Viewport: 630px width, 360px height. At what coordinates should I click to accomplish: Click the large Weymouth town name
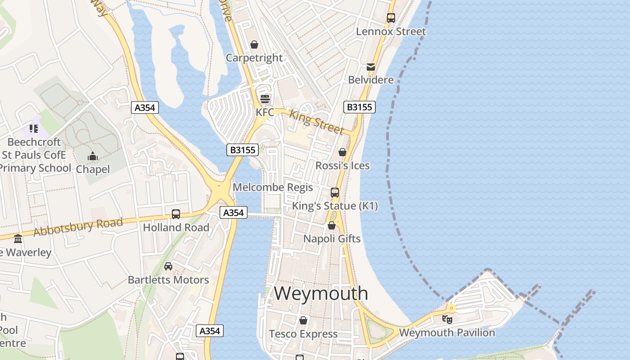coord(321,293)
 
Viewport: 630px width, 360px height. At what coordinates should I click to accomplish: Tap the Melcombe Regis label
coord(273,187)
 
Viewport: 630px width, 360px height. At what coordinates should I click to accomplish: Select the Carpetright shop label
coord(254,58)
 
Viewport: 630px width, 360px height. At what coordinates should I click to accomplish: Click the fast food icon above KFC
coord(265,99)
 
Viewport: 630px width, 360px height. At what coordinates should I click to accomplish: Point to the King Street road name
coord(316,121)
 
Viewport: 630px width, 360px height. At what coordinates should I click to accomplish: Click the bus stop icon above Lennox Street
coord(391,18)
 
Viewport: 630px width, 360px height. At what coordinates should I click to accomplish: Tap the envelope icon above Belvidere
coord(371,67)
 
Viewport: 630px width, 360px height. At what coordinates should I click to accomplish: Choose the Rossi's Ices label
coord(342,166)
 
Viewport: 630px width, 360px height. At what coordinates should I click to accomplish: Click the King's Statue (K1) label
coord(335,206)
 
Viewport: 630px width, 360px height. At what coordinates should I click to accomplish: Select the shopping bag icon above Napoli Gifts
coord(332,225)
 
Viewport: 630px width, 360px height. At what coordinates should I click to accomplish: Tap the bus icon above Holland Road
coord(176,214)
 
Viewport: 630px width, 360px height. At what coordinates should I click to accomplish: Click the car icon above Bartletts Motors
coord(168,266)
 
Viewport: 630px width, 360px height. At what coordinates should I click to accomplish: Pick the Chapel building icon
coord(93,157)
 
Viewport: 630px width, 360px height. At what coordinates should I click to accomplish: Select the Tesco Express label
coord(303,334)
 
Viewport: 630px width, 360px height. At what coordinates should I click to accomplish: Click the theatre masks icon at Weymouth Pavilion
coord(447,319)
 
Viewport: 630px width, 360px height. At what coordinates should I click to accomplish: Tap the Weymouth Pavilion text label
coord(447,333)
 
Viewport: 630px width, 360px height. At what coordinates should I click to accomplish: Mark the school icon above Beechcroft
coord(34,129)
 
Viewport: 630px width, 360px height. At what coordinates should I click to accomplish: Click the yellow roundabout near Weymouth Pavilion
coord(451,308)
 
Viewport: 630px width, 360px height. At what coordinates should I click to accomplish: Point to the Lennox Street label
coord(391,31)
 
